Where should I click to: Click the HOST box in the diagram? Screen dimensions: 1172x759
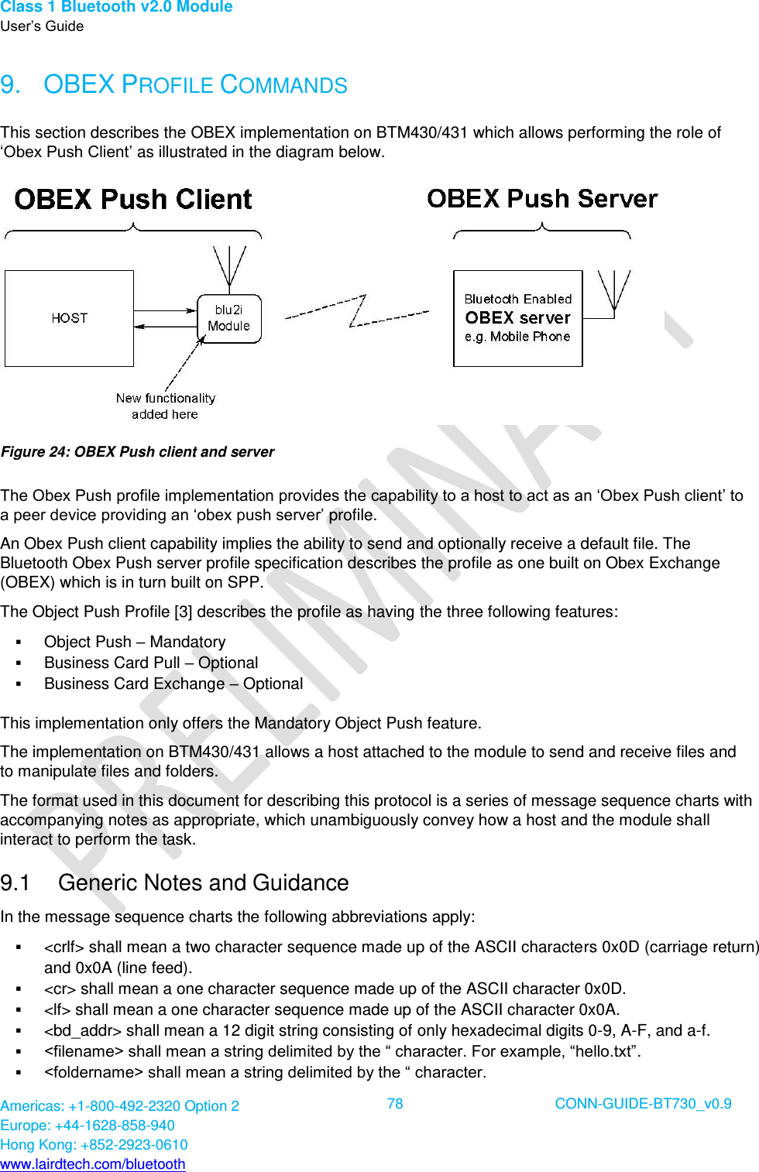pyautogui.click(x=69, y=318)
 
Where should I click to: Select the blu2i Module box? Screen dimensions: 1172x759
pyautogui.click(x=229, y=318)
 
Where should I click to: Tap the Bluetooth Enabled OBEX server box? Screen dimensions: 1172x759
pyautogui.click(x=517, y=318)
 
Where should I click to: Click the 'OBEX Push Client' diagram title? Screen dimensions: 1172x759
pyautogui.click(x=133, y=200)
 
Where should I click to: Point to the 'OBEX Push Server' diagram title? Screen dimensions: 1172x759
pyautogui.click(x=542, y=199)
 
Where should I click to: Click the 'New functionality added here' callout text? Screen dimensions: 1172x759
pyautogui.click(x=165, y=406)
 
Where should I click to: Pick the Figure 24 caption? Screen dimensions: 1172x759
pyautogui.click(x=138, y=452)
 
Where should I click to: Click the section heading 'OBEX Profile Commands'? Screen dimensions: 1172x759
pyautogui.click(x=195, y=85)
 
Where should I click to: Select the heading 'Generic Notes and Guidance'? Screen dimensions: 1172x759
pyautogui.click(x=203, y=882)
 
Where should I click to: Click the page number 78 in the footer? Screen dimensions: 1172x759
pyautogui.click(x=395, y=1104)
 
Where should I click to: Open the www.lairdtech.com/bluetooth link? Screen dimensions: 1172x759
pyautogui.click(x=93, y=1164)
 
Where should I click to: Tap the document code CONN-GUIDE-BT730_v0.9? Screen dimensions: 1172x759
pyautogui.click(x=643, y=1104)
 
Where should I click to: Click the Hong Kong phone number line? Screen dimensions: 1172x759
pyautogui.click(x=94, y=1145)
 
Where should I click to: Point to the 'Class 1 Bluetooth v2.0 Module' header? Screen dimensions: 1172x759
pyautogui.click(x=116, y=7)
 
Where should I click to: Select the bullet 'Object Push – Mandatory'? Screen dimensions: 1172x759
pyautogui.click(x=135, y=642)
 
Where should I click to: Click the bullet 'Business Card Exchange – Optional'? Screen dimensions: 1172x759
pyautogui.click(x=173, y=684)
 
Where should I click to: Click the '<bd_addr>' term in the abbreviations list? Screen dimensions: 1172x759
pyautogui.click(x=83, y=1030)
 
